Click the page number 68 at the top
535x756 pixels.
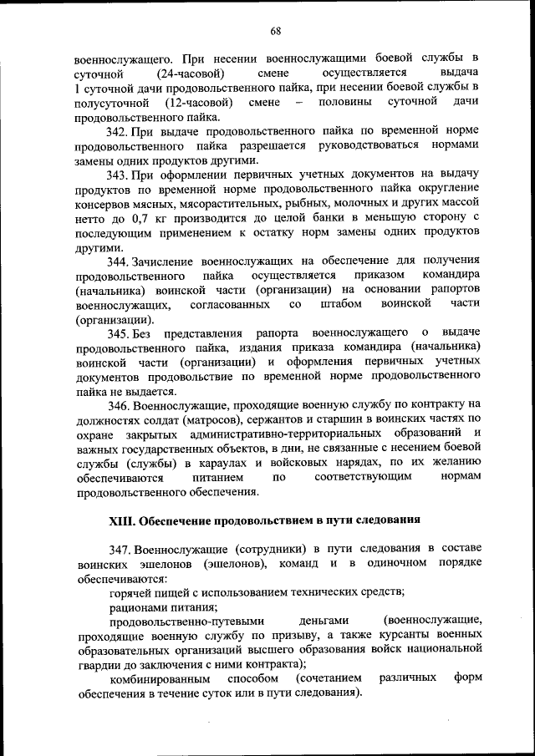(x=275, y=31)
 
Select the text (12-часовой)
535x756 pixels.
(x=197, y=102)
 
